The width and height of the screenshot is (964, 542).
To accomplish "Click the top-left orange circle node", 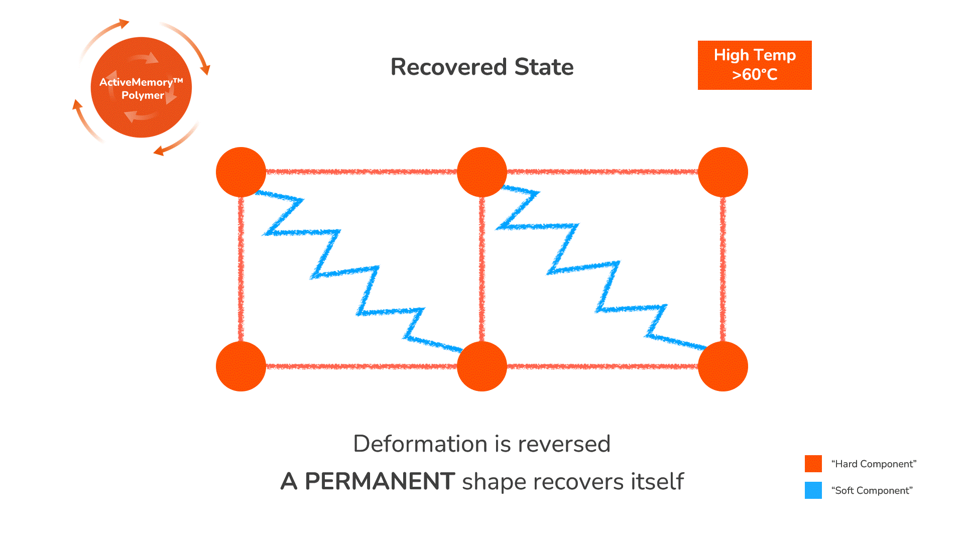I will [241, 172].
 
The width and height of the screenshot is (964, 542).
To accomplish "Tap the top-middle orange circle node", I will [482, 172].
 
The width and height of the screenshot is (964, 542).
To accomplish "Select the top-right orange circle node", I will [723, 172].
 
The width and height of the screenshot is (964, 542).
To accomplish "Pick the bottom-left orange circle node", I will [241, 366].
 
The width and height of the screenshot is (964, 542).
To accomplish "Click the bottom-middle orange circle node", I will [482, 366].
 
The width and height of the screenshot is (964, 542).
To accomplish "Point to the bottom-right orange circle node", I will [723, 366].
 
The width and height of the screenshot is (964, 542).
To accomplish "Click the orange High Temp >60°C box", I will [755, 65].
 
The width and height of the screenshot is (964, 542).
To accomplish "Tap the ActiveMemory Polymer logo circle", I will [141, 88].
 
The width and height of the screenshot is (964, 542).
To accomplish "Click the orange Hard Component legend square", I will [813, 464].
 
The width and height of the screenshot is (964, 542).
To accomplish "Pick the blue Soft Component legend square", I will [813, 490].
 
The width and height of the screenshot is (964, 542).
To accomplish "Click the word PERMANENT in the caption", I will [380, 481].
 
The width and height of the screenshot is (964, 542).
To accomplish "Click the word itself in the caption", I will [657, 481].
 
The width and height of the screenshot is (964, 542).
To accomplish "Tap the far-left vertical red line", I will [241, 271].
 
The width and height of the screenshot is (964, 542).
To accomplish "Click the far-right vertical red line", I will [723, 271].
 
